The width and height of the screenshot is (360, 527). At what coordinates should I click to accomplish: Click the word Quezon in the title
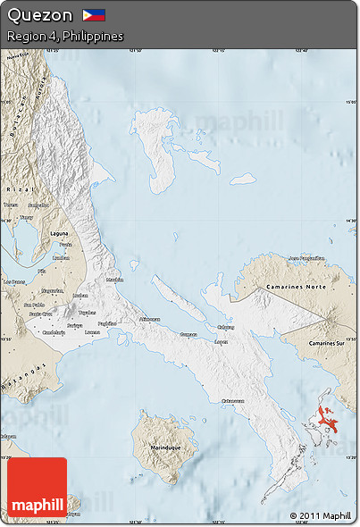39,15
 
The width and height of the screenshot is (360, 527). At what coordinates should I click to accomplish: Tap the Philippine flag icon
94,15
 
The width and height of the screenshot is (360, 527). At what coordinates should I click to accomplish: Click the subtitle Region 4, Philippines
64,36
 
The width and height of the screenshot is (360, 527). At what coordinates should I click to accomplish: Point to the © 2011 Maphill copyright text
321,515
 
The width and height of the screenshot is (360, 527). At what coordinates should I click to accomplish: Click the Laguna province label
62,230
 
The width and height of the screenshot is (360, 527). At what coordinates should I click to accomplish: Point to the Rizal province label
14,189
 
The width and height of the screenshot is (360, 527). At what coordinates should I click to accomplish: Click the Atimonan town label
149,319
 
